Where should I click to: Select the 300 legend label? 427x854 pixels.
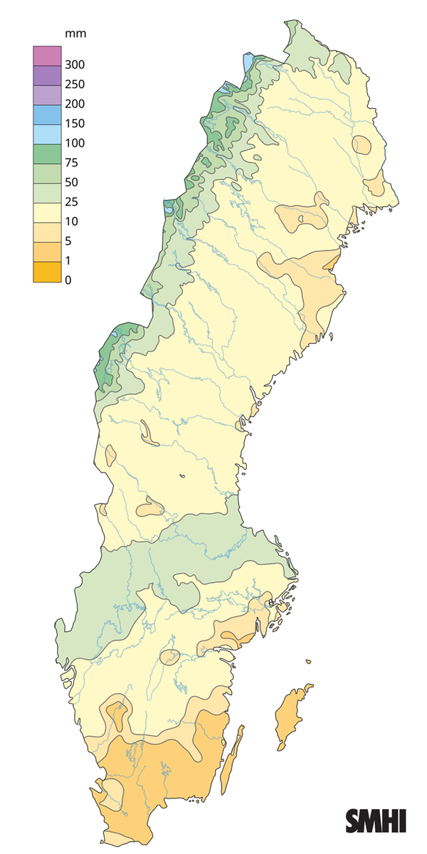75,65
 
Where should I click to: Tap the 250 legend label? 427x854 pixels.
75,84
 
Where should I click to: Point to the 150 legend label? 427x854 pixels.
75,123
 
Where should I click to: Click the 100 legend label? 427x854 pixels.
75,143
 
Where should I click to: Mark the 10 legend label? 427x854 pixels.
72,221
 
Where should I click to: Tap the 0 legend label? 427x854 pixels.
68,280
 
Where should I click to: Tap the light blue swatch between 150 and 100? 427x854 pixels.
44,133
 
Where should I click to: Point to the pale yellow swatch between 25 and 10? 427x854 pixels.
44,211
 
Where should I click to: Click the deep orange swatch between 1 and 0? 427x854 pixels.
44,270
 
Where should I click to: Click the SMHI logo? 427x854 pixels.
376,821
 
